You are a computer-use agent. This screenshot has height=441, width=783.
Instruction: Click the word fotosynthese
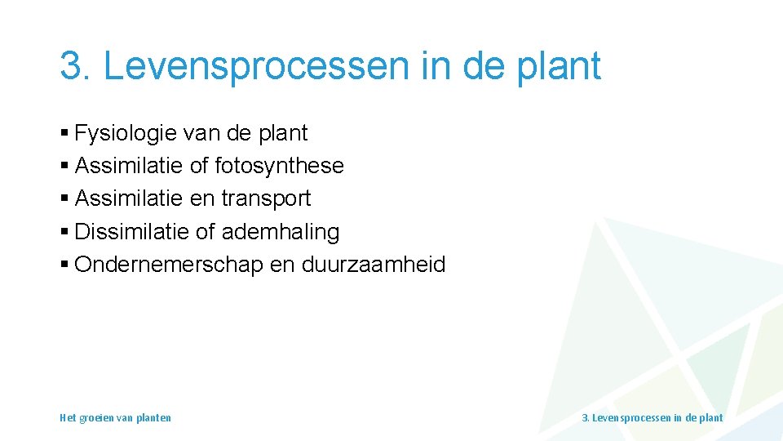279,166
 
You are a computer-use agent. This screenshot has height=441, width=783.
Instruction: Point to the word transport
266,198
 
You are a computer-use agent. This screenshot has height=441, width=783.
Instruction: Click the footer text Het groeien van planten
115,418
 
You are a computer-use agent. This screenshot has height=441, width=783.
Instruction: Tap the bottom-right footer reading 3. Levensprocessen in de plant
652,418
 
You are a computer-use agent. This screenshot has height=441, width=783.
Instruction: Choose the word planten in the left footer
153,418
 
